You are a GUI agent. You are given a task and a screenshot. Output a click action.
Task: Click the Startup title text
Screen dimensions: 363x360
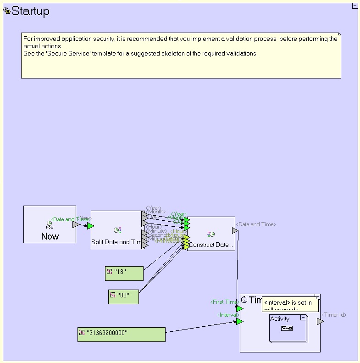30,11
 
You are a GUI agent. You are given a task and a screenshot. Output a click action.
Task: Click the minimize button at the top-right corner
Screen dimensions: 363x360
355,6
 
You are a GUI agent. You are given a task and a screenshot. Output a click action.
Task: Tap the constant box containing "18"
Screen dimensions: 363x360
124,273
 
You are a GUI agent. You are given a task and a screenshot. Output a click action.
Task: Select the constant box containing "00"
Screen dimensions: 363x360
123,296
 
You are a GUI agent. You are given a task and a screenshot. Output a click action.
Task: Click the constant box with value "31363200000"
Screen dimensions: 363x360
121,335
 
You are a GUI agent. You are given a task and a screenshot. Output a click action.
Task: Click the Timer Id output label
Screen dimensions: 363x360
333,315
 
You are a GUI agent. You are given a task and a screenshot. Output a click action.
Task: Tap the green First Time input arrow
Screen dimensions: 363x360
239,308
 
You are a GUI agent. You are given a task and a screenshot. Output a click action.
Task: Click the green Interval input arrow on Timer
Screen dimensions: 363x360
239,321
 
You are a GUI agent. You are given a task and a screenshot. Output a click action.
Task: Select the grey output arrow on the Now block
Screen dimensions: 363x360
76,224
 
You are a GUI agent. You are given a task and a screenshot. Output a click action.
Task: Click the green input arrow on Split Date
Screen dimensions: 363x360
90,226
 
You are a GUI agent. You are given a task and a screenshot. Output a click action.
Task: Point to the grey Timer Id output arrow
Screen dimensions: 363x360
320,321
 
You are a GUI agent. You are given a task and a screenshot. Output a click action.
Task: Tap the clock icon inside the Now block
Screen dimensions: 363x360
50,223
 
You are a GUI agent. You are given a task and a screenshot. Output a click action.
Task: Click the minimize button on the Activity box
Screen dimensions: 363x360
303,318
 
